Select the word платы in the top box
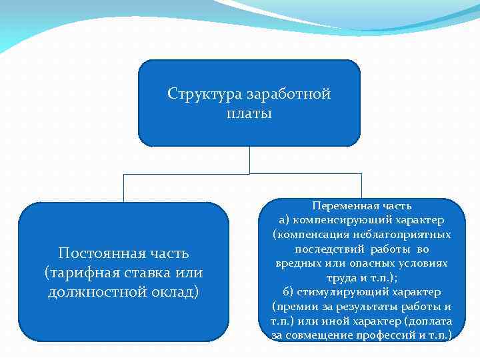point(249,114)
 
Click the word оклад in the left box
point(175,293)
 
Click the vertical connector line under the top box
point(249,160)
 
